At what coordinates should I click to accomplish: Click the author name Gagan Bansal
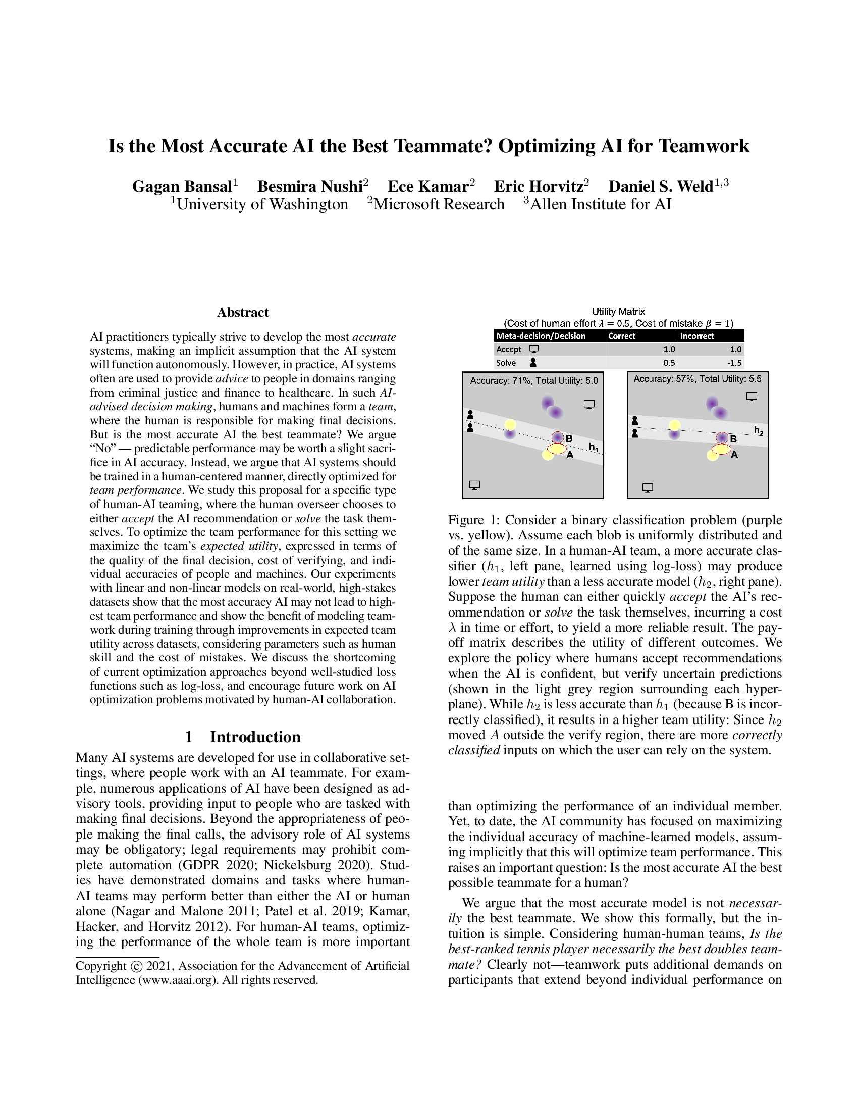[182, 187]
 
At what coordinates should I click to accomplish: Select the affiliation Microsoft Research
[439, 204]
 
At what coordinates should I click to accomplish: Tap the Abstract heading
[242, 312]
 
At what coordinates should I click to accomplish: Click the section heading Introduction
[255, 737]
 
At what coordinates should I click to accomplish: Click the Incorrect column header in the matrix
[697, 336]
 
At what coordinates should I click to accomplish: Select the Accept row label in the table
[509, 349]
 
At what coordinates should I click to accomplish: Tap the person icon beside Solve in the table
[533, 363]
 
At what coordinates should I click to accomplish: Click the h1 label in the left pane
[593, 447]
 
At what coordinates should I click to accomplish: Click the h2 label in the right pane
[758, 431]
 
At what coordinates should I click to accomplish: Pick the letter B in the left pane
[569, 438]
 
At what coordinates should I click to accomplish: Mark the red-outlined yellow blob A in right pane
[721, 449]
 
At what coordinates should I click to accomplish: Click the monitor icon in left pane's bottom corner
[474, 485]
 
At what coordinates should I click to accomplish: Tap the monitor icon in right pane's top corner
[752, 397]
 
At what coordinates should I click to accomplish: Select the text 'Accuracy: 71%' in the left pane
[500, 380]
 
